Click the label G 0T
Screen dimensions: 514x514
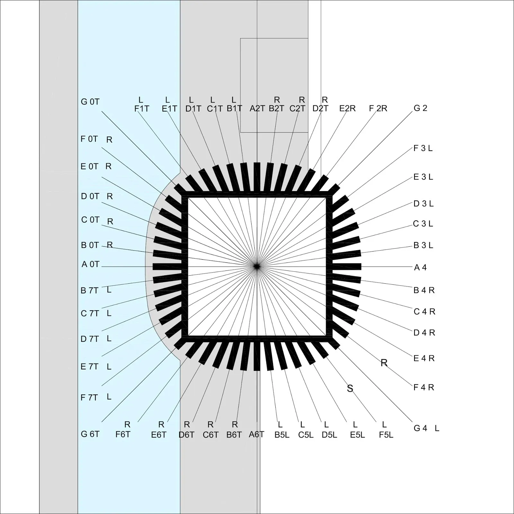(x=90, y=102)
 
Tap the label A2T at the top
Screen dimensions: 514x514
(x=257, y=109)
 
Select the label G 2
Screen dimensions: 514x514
(x=421, y=108)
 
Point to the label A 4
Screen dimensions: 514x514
(x=421, y=267)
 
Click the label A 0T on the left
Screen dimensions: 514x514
(x=91, y=264)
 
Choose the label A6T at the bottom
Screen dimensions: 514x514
(x=257, y=434)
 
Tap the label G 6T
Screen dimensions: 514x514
(x=90, y=434)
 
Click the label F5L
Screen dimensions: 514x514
(x=386, y=435)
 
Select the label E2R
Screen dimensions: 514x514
(x=348, y=109)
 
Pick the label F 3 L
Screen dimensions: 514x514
(x=423, y=148)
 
